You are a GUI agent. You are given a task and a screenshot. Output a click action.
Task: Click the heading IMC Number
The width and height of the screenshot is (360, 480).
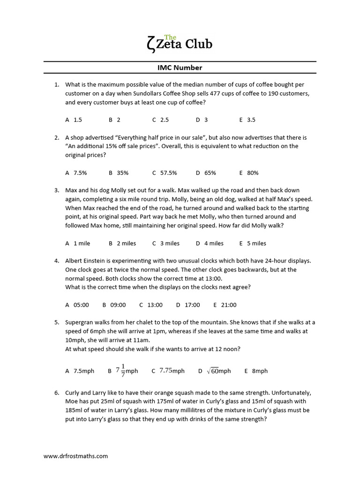(180, 67)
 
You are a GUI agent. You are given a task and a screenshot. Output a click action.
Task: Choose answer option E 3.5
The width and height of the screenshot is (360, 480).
(247, 120)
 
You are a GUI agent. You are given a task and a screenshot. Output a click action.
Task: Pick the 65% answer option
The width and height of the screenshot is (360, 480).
(206, 172)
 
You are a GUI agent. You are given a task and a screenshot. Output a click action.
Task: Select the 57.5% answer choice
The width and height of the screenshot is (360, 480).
(165, 172)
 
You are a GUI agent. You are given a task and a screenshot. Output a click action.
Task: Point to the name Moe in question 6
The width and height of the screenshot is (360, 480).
(72, 401)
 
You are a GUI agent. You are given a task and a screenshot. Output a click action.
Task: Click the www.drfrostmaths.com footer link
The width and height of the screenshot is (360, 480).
(75, 456)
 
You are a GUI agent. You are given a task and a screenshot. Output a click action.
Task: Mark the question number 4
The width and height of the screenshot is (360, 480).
(56, 261)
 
